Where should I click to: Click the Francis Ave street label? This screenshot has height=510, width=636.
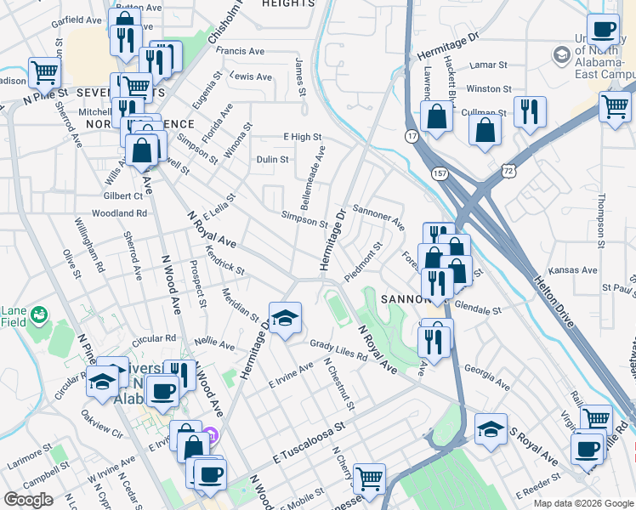(x=241, y=51)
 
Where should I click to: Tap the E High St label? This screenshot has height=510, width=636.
(x=303, y=136)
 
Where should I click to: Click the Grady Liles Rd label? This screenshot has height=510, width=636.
(x=338, y=350)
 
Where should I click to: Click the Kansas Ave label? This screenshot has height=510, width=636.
(x=573, y=270)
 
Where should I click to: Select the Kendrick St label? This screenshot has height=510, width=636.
(x=225, y=260)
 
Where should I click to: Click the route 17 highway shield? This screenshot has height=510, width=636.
(x=412, y=136)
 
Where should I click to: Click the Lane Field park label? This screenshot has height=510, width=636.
(x=14, y=315)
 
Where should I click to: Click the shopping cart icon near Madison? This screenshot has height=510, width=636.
(x=43, y=71)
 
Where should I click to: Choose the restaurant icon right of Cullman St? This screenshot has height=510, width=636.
(x=529, y=111)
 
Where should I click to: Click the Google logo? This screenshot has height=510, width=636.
(x=28, y=499)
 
